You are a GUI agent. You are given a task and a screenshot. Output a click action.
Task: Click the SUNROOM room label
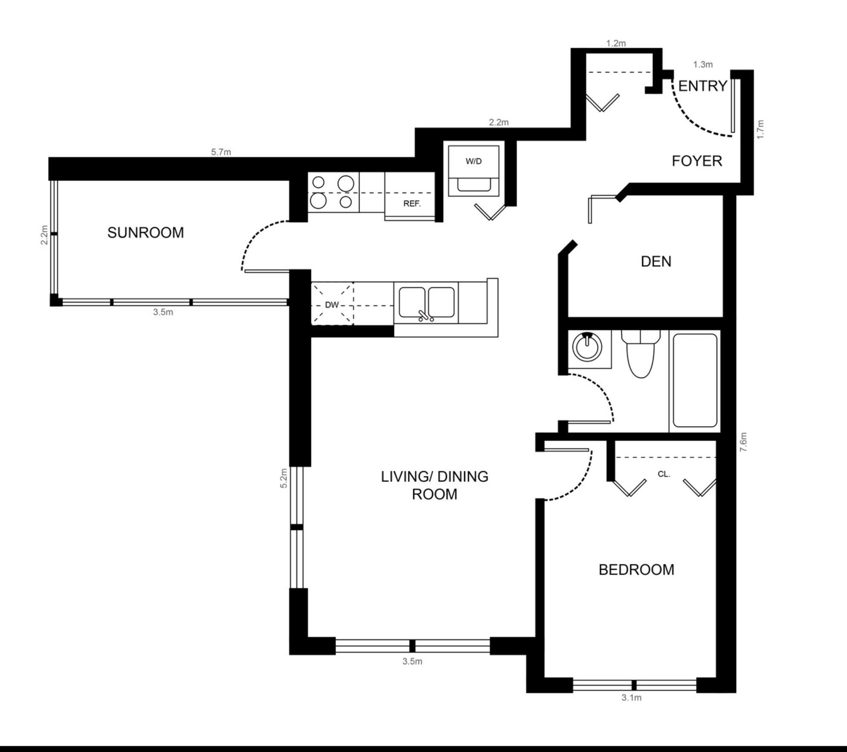pyautogui.click(x=145, y=233)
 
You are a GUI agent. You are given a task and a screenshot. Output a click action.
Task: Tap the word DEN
pyautogui.click(x=656, y=261)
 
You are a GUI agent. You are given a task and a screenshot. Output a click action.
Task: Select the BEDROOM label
pyautogui.click(x=636, y=570)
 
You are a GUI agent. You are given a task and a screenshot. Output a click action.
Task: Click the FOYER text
pyautogui.click(x=697, y=161)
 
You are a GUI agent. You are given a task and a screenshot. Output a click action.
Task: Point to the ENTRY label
pyautogui.click(x=702, y=86)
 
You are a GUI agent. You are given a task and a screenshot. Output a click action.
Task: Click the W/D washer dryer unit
pyautogui.click(x=473, y=171)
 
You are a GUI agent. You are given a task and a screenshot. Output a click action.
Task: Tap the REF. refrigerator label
pyautogui.click(x=412, y=204)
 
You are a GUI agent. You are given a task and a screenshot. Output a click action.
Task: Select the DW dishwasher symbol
pyautogui.click(x=332, y=304)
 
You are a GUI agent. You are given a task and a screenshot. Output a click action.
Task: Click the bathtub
pyautogui.click(x=695, y=380)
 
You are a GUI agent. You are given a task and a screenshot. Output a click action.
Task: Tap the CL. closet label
pyautogui.click(x=664, y=474)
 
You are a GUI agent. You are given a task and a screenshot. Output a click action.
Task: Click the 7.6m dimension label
pyautogui.click(x=743, y=442)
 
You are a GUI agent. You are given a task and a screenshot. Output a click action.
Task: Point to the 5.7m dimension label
pyautogui.click(x=221, y=152)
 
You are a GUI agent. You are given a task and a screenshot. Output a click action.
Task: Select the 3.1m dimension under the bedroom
pyautogui.click(x=631, y=698)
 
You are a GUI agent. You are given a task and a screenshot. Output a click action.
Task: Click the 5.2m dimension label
pyautogui.click(x=284, y=478)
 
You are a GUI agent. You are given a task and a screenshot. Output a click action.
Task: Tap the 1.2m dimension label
pyautogui.click(x=616, y=43)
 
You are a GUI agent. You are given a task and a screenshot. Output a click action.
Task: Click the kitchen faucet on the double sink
pyautogui.click(x=425, y=315)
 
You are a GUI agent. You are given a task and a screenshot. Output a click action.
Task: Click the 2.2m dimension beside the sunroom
pyautogui.click(x=44, y=235)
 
